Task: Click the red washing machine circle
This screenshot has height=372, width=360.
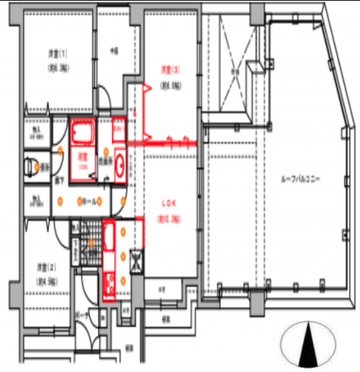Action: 120,166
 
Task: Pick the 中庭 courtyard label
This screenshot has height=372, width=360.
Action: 115,52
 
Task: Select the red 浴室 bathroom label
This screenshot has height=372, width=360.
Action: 83,156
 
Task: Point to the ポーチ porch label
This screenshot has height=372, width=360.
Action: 83,317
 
